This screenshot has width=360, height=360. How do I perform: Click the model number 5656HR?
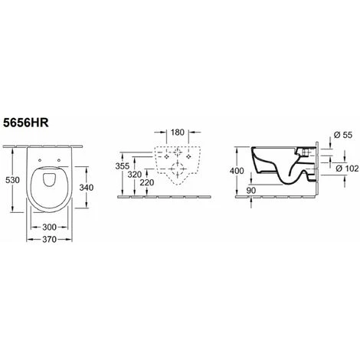pyautogui.click(x=25, y=123)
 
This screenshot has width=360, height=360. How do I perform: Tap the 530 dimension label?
pyautogui.click(x=12, y=180)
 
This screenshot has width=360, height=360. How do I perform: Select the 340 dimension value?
pyautogui.click(x=87, y=188)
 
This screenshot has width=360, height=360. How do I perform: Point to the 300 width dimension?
pyautogui.click(x=49, y=227)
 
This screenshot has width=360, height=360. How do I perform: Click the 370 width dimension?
pyautogui.click(x=49, y=240)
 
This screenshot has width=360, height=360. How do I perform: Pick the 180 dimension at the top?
pyautogui.click(x=178, y=133)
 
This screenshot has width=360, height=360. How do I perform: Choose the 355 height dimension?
pyautogui.click(x=123, y=166)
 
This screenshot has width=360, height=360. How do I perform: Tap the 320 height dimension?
pyautogui.click(x=135, y=175)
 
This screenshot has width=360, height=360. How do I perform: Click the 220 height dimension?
pyautogui.click(x=147, y=182)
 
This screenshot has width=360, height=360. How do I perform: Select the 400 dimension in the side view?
pyautogui.click(x=237, y=171)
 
